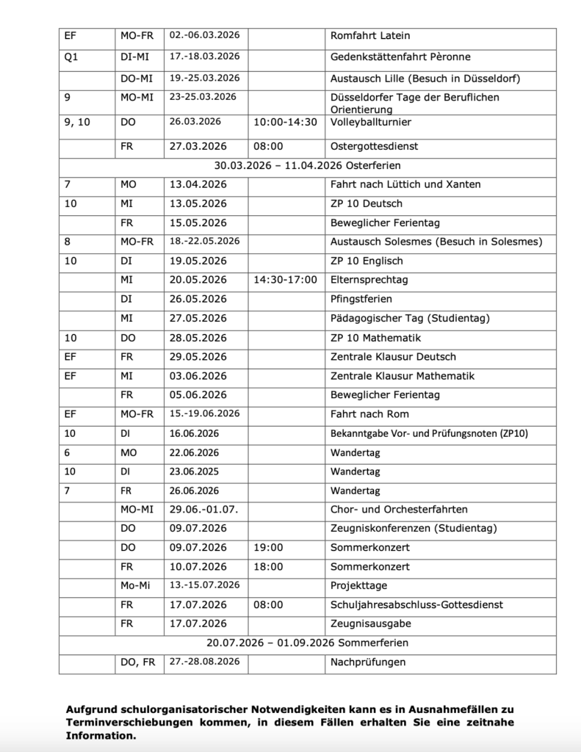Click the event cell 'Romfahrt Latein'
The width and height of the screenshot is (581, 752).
tap(370, 35)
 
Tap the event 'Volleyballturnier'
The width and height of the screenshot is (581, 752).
tap(370, 122)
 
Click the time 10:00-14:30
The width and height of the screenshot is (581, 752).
tap(285, 122)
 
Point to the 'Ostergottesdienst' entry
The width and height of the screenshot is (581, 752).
tap(374, 146)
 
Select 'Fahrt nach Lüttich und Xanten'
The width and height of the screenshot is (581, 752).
tap(405, 184)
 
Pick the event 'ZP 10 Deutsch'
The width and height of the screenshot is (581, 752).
tap(367, 203)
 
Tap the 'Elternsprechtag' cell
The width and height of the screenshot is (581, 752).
tap(369, 280)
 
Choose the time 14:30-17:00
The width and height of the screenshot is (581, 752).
tap(285, 280)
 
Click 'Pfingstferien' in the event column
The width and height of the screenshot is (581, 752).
tap(361, 299)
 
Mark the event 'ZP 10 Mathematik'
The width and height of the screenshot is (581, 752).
tap(375, 338)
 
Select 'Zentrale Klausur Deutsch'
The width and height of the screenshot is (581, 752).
tap(393, 357)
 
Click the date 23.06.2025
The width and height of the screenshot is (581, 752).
tap(195, 471)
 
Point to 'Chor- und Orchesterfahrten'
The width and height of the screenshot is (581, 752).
tap(399, 510)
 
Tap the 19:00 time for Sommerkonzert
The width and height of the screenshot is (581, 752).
tap(268, 548)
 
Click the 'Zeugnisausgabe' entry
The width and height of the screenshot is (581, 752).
tap(370, 624)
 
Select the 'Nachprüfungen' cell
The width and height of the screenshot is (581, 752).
tap(368, 662)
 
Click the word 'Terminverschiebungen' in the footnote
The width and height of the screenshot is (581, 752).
tap(124, 723)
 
